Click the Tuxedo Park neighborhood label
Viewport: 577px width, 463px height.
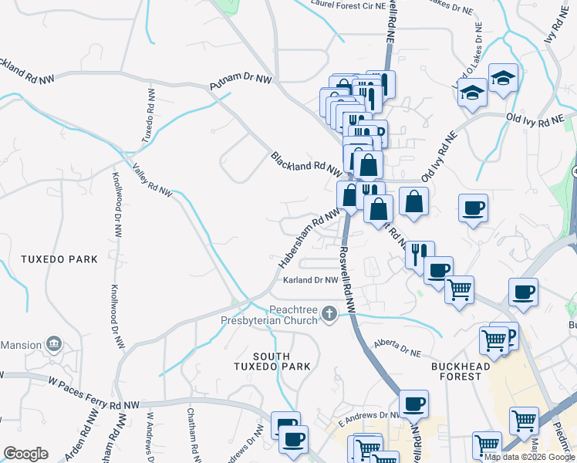click(59, 259)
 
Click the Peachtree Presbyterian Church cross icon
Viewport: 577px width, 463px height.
click(329, 313)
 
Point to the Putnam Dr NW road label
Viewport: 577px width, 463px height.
click(241, 83)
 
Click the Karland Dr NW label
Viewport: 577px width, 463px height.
click(310, 280)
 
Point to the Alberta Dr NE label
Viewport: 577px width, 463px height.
click(397, 346)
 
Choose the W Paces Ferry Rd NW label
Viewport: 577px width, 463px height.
click(93, 392)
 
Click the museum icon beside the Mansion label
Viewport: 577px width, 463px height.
click(54, 342)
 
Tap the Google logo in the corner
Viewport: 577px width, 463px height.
click(25, 454)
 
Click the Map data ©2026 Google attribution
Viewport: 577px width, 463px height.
click(528, 457)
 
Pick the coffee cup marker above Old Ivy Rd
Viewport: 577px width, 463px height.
click(473, 207)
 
